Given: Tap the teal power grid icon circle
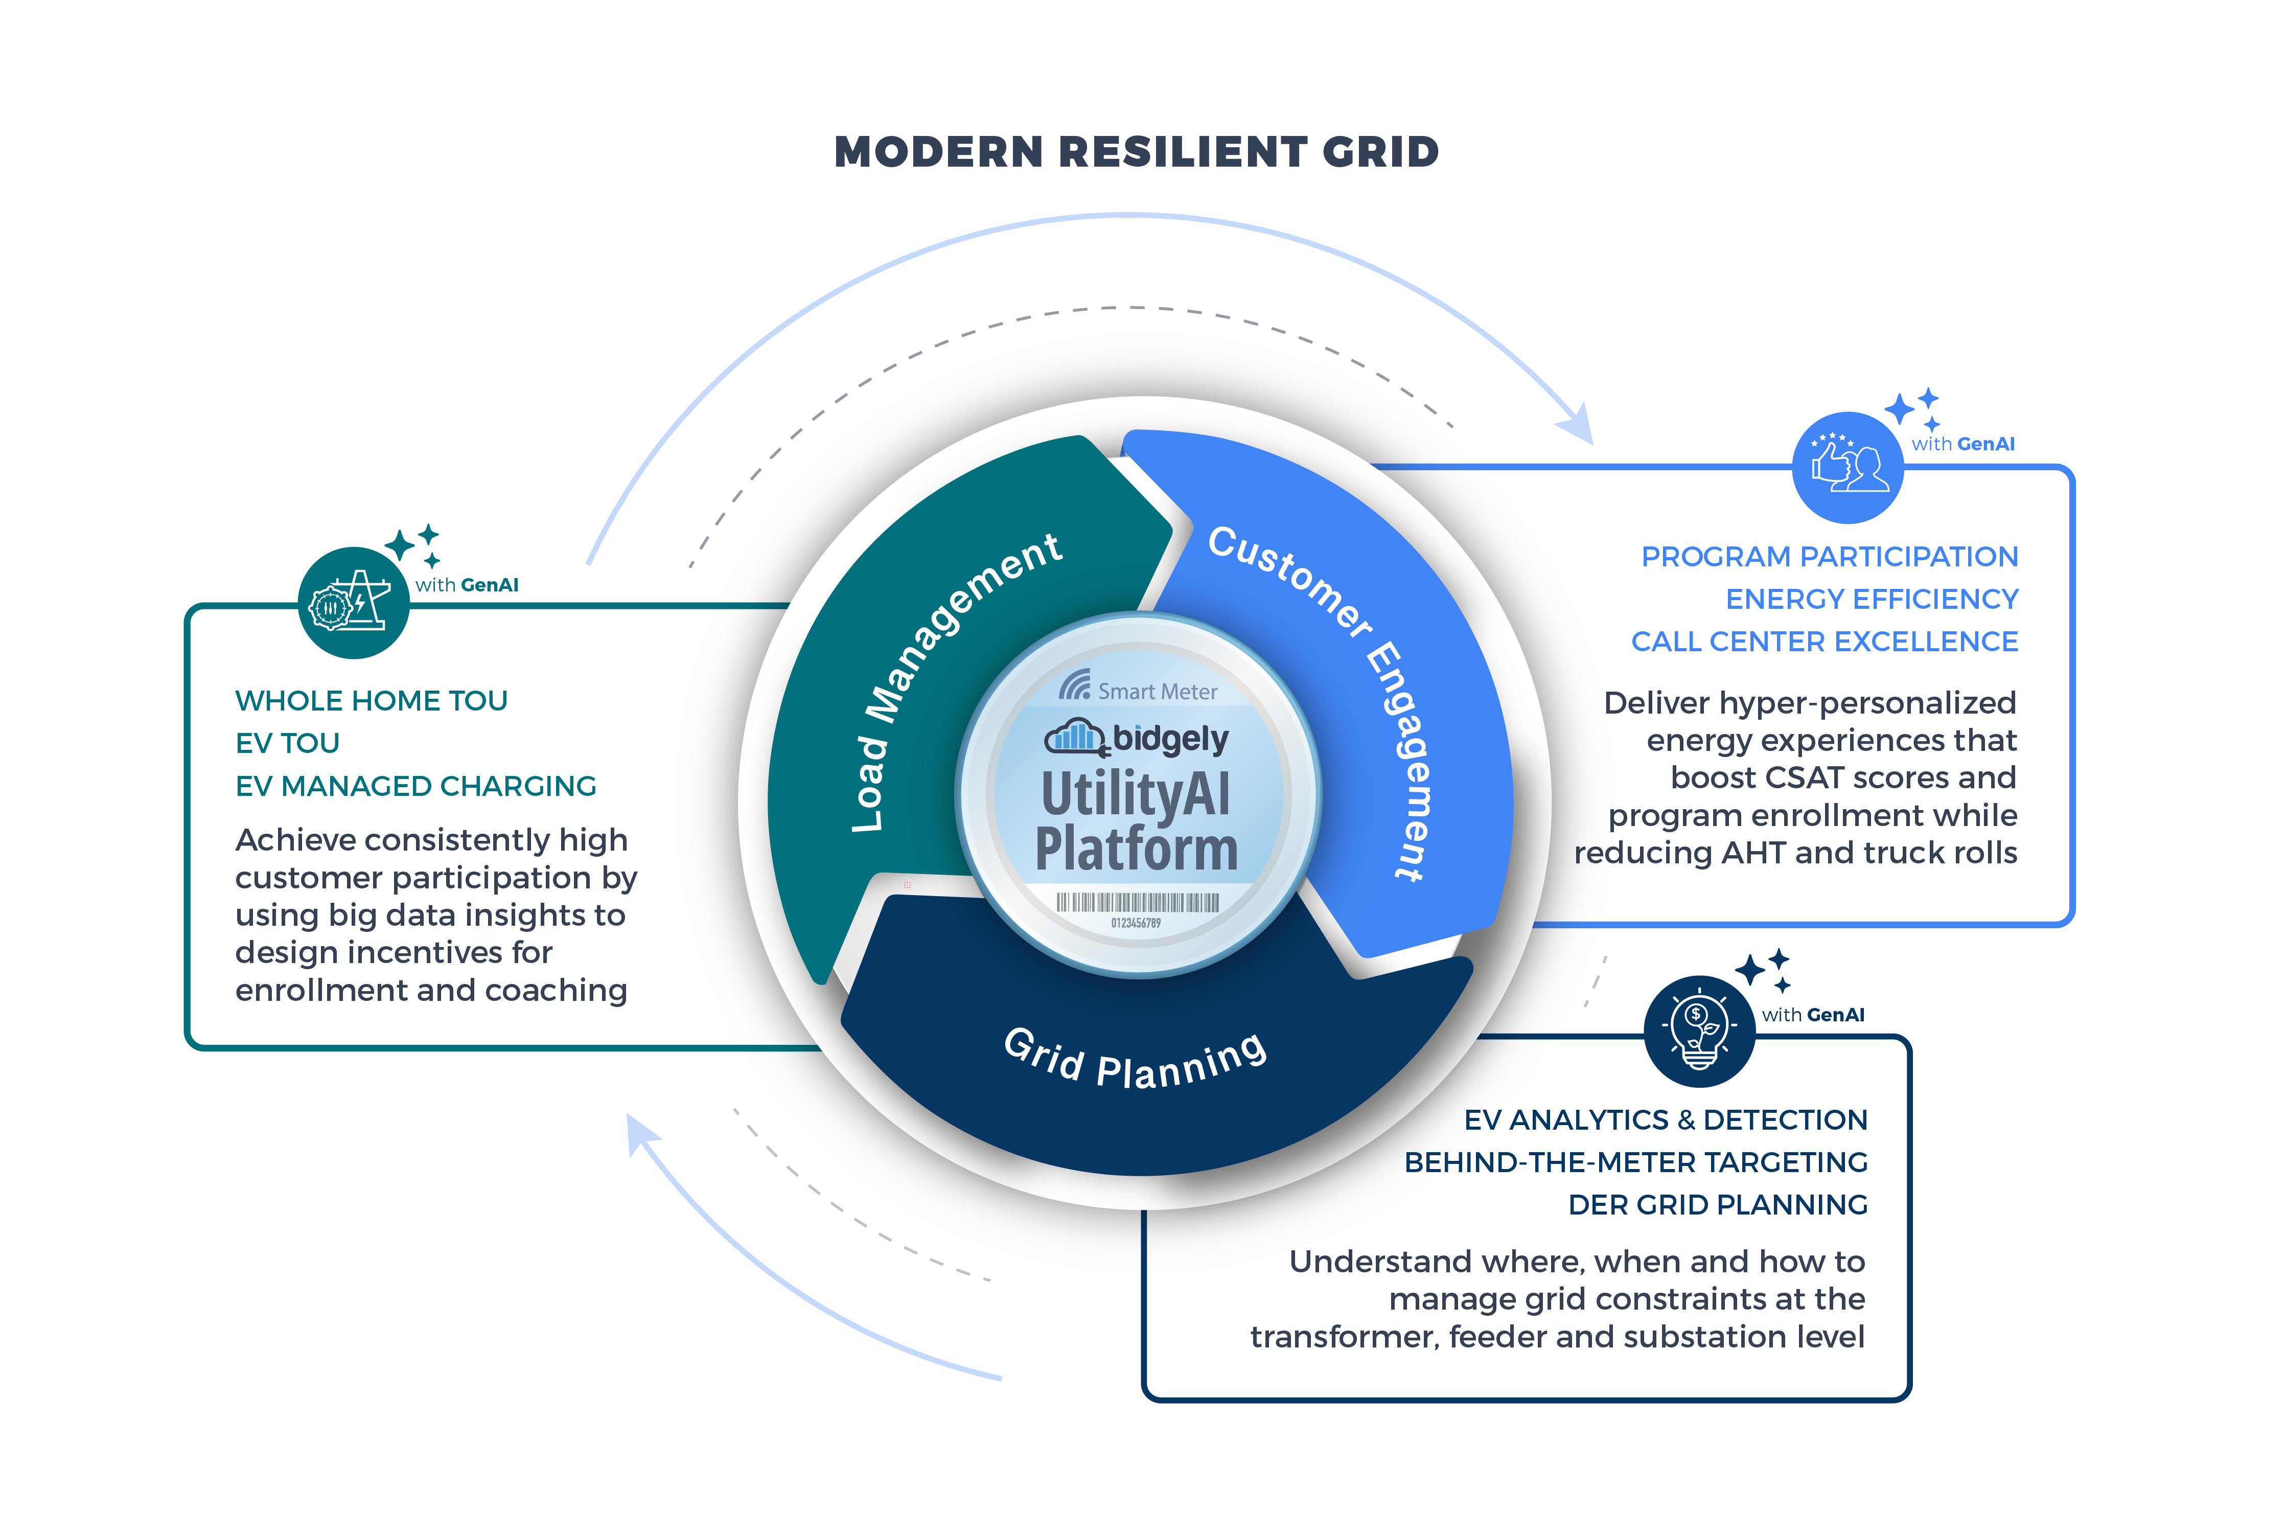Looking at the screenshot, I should click(353, 602).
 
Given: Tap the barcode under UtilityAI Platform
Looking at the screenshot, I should click(1137, 902).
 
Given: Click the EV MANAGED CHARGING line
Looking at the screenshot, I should click(415, 786).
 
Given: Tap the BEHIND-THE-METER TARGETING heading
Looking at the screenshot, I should click(1635, 1162).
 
